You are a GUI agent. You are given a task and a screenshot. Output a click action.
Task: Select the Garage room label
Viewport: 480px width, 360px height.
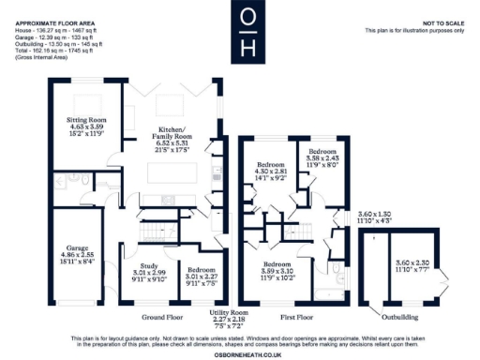pos(70,248)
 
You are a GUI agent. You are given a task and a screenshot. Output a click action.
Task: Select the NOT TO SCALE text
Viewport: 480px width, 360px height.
pos(438,22)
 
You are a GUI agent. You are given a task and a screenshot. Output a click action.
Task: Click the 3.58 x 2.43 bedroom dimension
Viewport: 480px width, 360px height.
pos(322,157)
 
